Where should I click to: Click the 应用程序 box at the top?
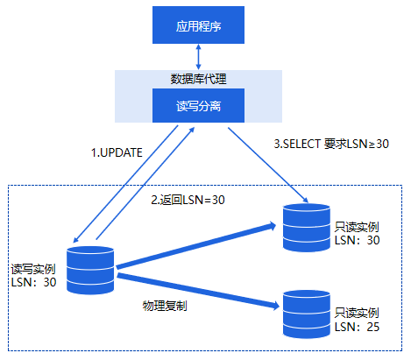(198, 25)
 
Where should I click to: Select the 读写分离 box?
(198, 105)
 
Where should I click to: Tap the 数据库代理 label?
(198, 79)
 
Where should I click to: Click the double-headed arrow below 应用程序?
(198, 57)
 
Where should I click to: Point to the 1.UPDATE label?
(117, 152)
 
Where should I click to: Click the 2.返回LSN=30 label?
(188, 200)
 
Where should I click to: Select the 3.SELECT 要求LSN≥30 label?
(331, 144)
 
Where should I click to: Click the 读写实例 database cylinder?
(90, 270)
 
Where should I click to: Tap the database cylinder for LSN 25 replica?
(307, 314)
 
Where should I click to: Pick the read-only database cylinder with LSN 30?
(307, 228)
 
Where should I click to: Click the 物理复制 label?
(165, 306)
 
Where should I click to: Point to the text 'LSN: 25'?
(357, 327)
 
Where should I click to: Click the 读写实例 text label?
(33, 269)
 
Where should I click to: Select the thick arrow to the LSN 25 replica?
(198, 291)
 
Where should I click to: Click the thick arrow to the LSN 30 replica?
(196, 245)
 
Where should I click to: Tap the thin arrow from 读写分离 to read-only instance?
(268, 165)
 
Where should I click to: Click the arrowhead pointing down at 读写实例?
(75, 240)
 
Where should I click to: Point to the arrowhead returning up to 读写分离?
(192, 130)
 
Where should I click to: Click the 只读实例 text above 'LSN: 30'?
(357, 227)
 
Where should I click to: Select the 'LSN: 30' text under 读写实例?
(33, 282)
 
